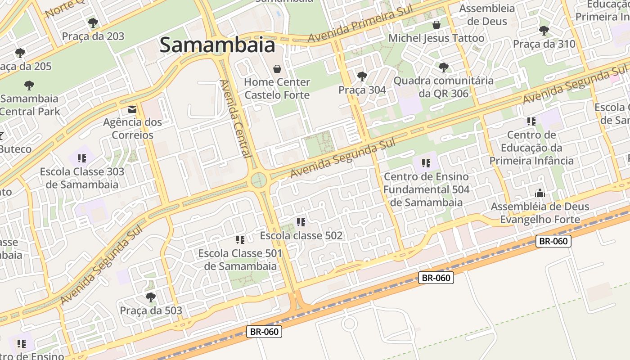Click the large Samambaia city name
(217, 45)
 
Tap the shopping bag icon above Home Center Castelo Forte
(277, 69)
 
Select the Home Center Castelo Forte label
(277, 88)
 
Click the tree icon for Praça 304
(362, 76)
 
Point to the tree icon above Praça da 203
(93, 22)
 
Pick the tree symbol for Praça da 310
(544, 31)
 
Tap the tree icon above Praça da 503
(151, 297)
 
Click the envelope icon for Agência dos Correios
(132, 109)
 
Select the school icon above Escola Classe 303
(81, 158)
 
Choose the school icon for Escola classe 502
(301, 222)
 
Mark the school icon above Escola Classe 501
(240, 240)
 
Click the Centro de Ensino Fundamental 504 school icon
(426, 163)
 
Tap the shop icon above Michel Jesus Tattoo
(436, 24)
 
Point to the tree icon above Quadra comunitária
(444, 67)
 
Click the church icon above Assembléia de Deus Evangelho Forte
(540, 193)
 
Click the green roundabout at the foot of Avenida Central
(259, 180)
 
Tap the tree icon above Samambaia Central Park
(29, 85)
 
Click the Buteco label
(16, 149)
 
